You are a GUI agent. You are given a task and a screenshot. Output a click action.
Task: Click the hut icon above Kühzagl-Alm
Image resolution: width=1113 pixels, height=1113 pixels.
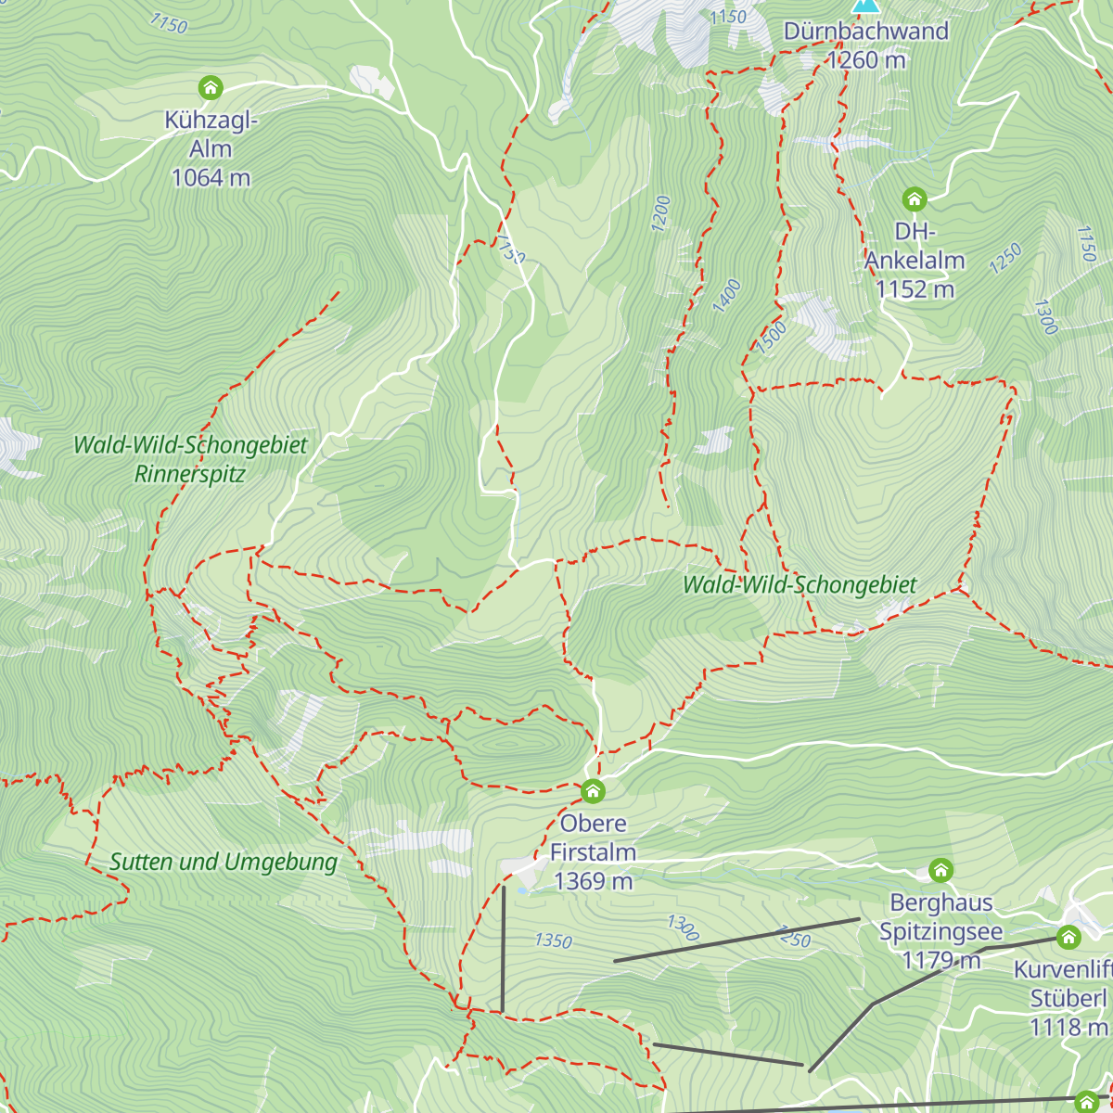pyautogui.click(x=211, y=88)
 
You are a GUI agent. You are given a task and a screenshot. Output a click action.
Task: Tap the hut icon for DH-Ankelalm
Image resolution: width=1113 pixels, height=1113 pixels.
pyautogui.click(x=915, y=198)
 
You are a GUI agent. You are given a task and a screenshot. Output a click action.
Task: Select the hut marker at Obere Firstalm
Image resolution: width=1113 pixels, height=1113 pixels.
pyautogui.click(x=593, y=791)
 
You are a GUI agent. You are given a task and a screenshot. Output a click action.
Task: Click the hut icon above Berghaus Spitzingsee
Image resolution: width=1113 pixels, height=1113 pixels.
pyautogui.click(x=940, y=870)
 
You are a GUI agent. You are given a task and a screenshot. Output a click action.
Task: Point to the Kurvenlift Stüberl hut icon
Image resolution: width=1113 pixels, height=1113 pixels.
pyautogui.click(x=1068, y=937)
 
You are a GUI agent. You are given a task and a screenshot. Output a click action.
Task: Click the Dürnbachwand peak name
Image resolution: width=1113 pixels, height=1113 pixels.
pyautogui.click(x=866, y=32)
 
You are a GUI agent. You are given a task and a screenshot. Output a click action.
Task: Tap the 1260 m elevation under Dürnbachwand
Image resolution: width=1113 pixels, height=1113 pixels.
pyautogui.click(x=866, y=60)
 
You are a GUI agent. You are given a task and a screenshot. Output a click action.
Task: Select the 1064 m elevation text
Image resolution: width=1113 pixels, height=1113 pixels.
pyautogui.click(x=211, y=177)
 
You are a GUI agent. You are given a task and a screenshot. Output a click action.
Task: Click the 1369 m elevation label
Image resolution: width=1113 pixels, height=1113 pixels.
pyautogui.click(x=593, y=880)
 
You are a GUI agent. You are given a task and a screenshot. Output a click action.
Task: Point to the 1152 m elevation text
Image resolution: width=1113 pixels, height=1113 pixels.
pyautogui.click(x=915, y=289)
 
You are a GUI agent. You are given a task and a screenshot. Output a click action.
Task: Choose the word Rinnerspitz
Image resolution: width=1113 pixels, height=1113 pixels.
pyautogui.click(x=190, y=474)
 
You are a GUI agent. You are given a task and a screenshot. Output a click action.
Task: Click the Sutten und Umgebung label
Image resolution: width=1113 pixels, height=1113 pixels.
pyautogui.click(x=224, y=862)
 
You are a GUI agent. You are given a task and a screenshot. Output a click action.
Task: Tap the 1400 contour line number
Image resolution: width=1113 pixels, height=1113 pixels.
pyautogui.click(x=726, y=296)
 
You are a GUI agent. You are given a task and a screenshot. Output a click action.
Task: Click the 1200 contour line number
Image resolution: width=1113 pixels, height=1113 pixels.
pyautogui.click(x=660, y=213)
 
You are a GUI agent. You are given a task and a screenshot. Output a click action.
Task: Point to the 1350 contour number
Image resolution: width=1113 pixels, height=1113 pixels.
pyautogui.click(x=553, y=940)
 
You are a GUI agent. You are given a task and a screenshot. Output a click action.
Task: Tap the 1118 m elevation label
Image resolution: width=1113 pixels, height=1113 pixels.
pyautogui.click(x=1068, y=1027)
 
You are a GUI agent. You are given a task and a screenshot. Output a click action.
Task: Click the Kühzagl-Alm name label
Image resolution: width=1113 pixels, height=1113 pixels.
pyautogui.click(x=211, y=134)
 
